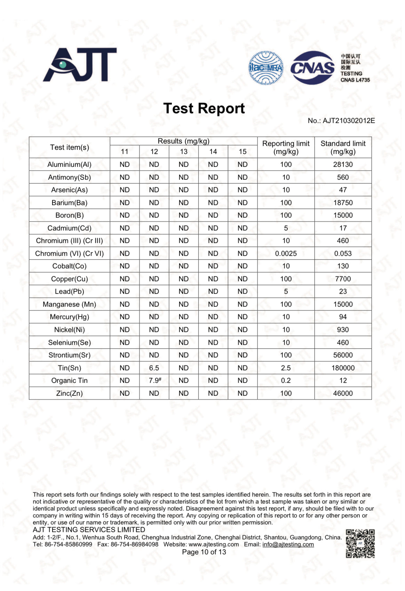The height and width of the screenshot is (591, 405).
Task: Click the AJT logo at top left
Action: (80, 65)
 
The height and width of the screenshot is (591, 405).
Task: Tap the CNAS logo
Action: (312, 68)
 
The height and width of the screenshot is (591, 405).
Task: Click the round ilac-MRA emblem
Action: (266, 68)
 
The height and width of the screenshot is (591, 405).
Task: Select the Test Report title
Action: (204, 108)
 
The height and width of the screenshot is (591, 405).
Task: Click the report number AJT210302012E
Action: (349, 121)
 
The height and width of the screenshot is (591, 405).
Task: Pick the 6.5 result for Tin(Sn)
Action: (154, 368)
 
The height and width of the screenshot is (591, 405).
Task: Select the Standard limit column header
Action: (343, 147)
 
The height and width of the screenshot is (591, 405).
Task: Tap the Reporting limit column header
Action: (286, 147)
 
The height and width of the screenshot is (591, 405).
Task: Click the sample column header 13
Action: (183, 152)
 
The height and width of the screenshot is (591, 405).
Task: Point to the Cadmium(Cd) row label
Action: (69, 228)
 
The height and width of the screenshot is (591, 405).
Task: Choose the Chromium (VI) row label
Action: (69, 254)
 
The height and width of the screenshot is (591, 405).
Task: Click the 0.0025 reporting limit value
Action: (286, 254)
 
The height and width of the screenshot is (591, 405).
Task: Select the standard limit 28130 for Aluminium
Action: (343, 165)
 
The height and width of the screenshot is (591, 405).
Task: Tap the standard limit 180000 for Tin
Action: (343, 368)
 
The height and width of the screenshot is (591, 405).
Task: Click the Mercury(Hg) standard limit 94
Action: (343, 317)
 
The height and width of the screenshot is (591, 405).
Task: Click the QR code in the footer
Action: (360, 544)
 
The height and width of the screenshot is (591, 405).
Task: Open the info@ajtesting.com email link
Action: (288, 544)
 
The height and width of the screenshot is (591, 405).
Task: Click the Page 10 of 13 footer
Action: (204, 552)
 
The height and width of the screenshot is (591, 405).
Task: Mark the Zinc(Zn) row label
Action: (69, 393)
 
